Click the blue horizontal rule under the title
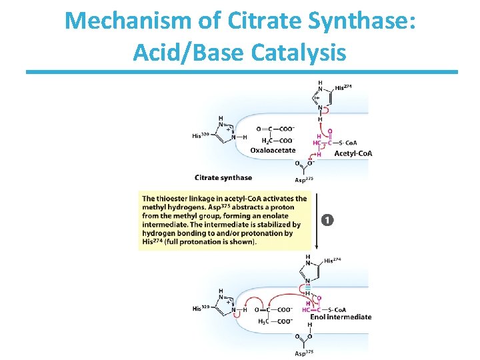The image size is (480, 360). [241, 71]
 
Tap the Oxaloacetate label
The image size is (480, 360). [273, 150]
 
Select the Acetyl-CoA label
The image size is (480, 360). [353, 154]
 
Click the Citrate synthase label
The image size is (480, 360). [223, 177]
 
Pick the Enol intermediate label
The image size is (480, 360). [341, 317]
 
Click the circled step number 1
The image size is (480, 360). [327, 219]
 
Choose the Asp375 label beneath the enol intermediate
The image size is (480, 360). [304, 353]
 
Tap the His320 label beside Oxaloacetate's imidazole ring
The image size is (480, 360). [201, 136]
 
